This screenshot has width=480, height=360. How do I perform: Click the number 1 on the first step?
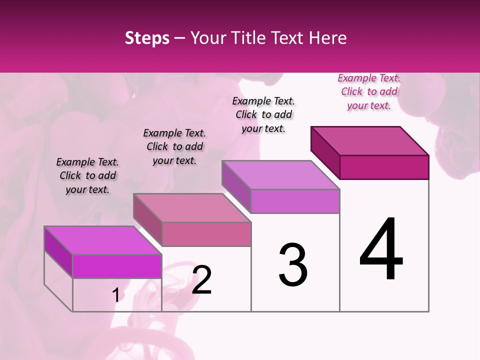[x=116, y=295]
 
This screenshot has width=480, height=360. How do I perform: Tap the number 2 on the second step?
[x=201, y=280]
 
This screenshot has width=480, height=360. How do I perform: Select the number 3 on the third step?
[x=292, y=265]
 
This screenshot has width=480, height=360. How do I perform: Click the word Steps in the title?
[x=147, y=38]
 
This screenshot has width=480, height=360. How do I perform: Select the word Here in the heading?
[x=328, y=38]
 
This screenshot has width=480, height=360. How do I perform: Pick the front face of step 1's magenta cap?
[x=117, y=266]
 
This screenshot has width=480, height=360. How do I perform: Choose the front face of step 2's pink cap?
[x=206, y=234]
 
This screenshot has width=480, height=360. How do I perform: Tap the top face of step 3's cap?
[x=280, y=175]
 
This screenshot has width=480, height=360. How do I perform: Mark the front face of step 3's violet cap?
[x=295, y=201]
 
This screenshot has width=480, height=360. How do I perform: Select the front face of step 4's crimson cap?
[x=384, y=167]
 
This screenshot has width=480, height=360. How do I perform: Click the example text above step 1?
[x=87, y=176]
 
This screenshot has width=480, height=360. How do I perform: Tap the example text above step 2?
[x=174, y=147]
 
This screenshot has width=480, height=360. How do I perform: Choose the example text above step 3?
[x=263, y=115]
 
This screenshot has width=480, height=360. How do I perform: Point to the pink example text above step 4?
[x=369, y=92]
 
